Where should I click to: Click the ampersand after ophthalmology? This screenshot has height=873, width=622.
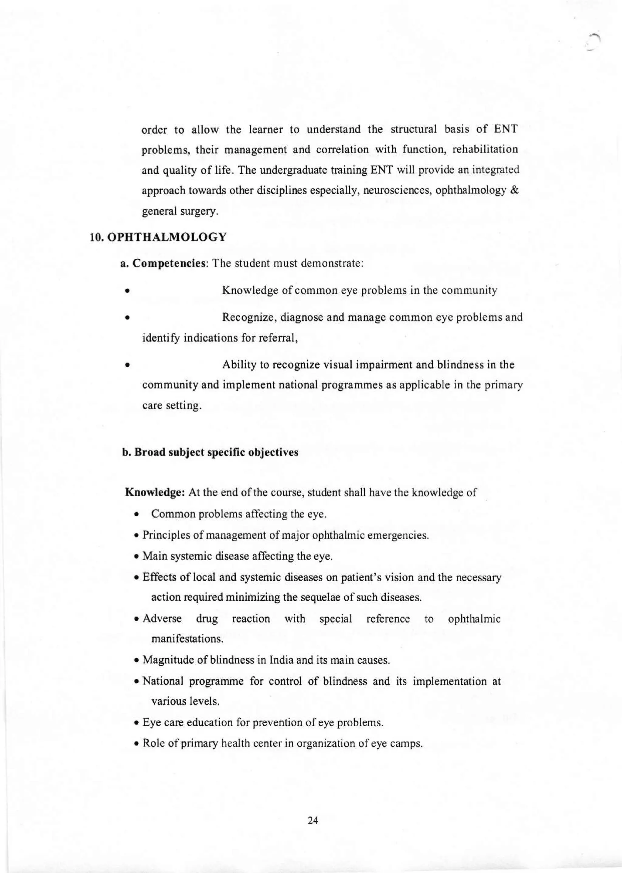point(515,191)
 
